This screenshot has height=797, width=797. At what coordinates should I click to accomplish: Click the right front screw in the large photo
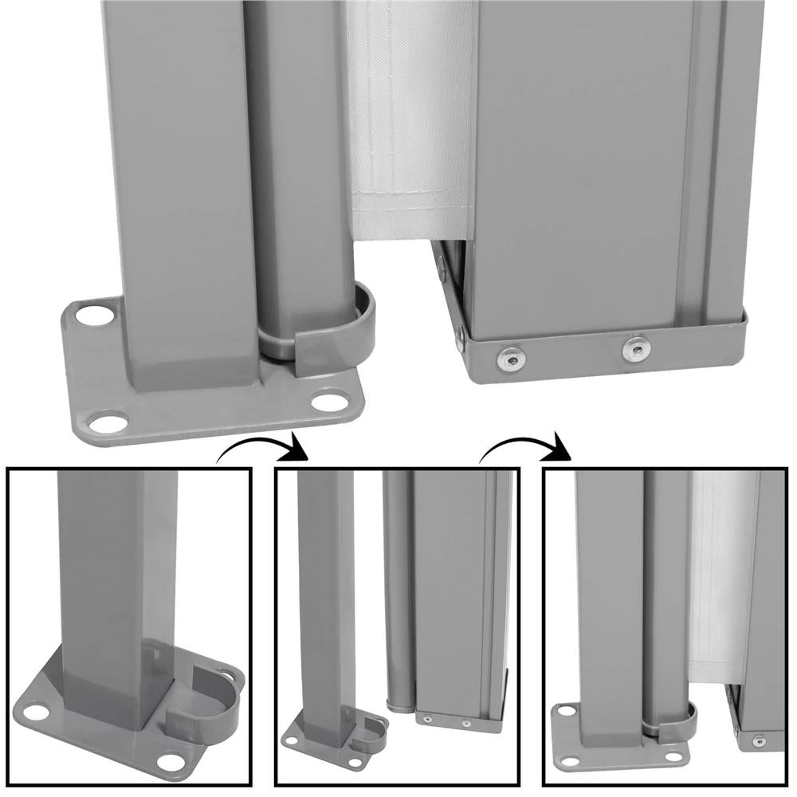[x=636, y=347]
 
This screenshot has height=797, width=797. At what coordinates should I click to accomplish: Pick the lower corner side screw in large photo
[x=461, y=339]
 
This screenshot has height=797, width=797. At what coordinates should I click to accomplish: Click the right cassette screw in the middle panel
[x=466, y=724]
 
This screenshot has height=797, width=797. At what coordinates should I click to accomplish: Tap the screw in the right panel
[x=756, y=741]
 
